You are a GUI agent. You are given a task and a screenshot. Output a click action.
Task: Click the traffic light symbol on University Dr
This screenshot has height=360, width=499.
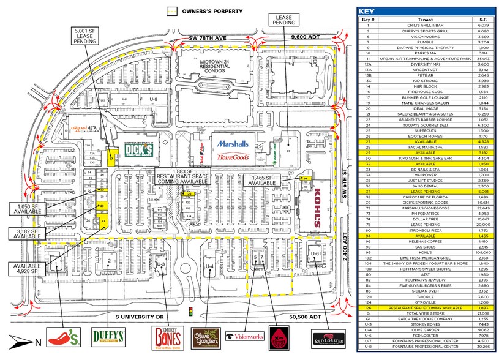(x=192, y=312)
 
